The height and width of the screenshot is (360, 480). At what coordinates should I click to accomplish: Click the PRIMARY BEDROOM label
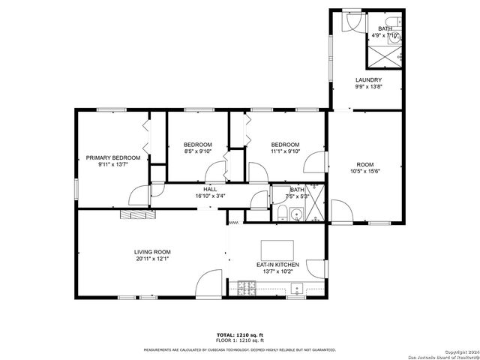pyautogui.click(x=112, y=157)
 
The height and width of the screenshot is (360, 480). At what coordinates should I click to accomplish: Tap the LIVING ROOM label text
pyautogui.click(x=152, y=252)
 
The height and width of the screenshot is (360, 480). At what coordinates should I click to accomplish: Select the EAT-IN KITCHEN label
pyautogui.click(x=277, y=265)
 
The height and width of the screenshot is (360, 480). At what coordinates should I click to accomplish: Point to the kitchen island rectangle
pyautogui.click(x=278, y=248)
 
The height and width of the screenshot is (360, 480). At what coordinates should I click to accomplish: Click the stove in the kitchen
pyautogui.click(x=247, y=286)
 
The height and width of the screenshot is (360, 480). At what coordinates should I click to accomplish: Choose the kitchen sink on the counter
pyautogui.click(x=297, y=287)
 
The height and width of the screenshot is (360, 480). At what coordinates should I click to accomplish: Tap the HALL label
pyautogui.click(x=210, y=190)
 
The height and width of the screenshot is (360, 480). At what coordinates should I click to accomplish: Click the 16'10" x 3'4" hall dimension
pyautogui.click(x=210, y=196)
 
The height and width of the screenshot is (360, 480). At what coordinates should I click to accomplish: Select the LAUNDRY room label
pyautogui.click(x=368, y=80)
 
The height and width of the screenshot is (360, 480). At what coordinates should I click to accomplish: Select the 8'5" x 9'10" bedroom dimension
pyautogui.click(x=198, y=151)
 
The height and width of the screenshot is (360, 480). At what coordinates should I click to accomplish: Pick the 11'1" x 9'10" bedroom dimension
pyautogui.click(x=285, y=151)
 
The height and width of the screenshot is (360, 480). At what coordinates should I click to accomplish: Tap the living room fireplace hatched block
pyautogui.click(x=136, y=214)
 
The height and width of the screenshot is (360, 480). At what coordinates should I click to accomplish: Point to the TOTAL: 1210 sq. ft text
pyautogui.click(x=239, y=334)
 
